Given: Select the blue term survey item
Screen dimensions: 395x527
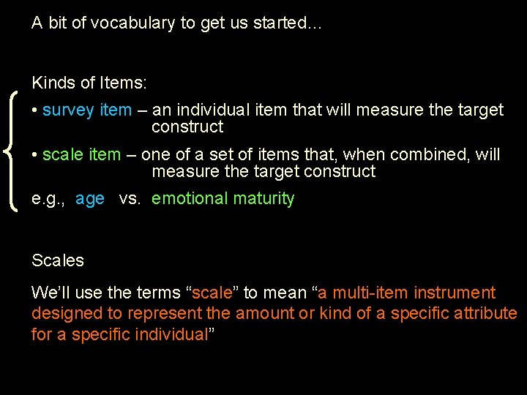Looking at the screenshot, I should pyautogui.click(x=87, y=110).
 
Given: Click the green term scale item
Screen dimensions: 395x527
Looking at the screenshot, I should pyautogui.click(x=81, y=155).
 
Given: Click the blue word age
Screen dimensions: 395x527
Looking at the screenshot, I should pyautogui.click(x=90, y=199).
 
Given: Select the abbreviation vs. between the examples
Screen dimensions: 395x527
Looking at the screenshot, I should pyautogui.click(x=130, y=199).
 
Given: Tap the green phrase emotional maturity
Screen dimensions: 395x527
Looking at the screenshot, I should pyautogui.click(x=223, y=199).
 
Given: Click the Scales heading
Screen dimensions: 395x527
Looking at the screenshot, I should pyautogui.click(x=58, y=260).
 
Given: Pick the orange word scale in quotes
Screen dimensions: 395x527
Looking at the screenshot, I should pyautogui.click(x=213, y=293).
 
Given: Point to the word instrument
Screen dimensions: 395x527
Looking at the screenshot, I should pyautogui.click(x=455, y=293).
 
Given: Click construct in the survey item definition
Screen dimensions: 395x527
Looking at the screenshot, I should pyautogui.click(x=187, y=127).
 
